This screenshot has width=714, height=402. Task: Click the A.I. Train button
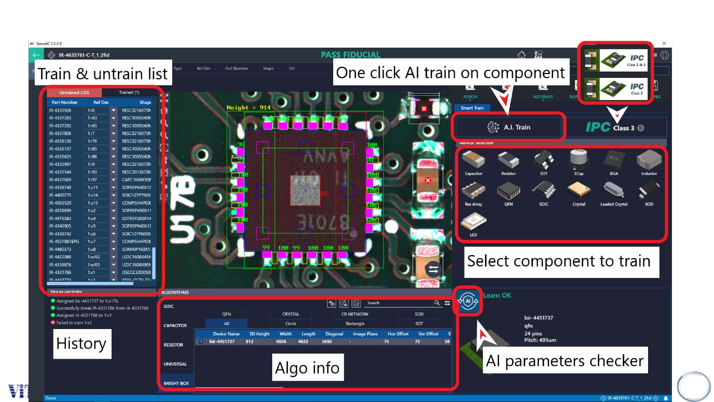coord(509,128)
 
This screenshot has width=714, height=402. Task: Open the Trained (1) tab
coord(129,92)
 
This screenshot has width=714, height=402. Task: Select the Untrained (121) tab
coord(74,92)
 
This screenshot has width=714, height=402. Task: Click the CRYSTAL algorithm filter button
coord(291,314)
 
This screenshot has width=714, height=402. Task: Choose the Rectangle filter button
coord(355,324)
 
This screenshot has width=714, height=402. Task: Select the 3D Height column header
coord(259,334)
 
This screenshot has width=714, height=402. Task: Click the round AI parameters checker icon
coord(468,301)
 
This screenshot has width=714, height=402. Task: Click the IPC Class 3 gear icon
coord(641,128)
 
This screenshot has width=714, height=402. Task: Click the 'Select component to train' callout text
coord(559,261)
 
